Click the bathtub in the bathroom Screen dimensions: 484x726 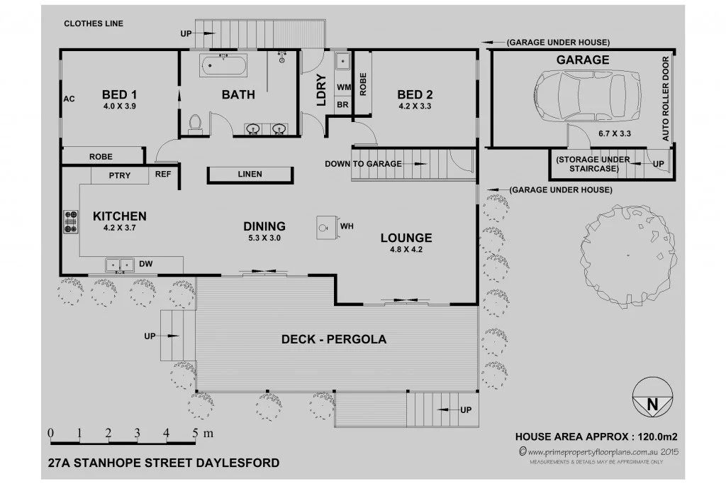pyautogui.click(x=224, y=67)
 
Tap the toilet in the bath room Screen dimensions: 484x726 pyautogui.click(x=196, y=123)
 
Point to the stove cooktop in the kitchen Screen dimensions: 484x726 pyautogui.click(x=71, y=221)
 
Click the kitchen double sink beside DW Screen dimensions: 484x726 pyautogui.click(x=119, y=265)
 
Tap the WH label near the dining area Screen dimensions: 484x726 pyautogui.click(x=347, y=227)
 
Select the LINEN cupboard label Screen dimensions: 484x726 pyautogui.click(x=250, y=174)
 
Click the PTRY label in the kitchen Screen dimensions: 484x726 pyautogui.click(x=120, y=175)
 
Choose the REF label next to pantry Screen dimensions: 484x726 pyautogui.click(x=164, y=174)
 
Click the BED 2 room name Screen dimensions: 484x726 pyautogui.click(x=415, y=94)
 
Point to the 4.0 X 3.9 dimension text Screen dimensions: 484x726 pyautogui.click(x=119, y=106)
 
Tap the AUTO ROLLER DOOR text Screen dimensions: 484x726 pyautogui.click(x=666, y=98)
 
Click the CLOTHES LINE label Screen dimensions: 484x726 pyautogui.click(x=94, y=23)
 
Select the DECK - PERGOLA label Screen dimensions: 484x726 pyautogui.click(x=334, y=339)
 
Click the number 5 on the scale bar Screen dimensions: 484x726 pyautogui.click(x=194, y=432)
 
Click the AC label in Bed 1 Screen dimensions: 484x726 pyautogui.click(x=69, y=99)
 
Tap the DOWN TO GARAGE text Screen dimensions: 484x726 pyautogui.click(x=363, y=164)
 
